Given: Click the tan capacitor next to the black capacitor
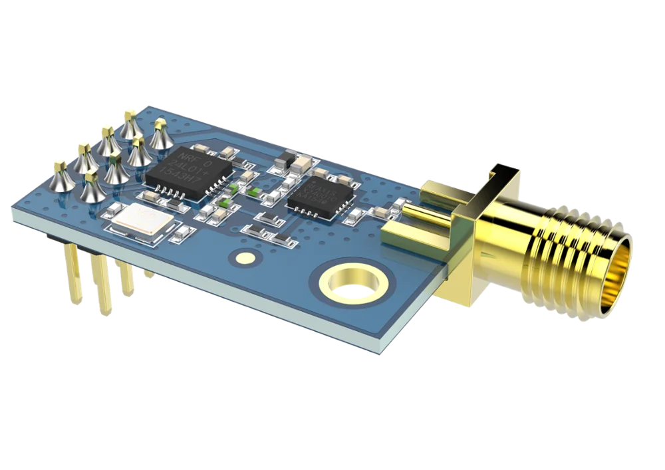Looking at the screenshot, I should click(303, 162).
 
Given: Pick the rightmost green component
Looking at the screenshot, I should click(254, 190).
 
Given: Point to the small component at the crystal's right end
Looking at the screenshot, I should click(180, 235).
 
